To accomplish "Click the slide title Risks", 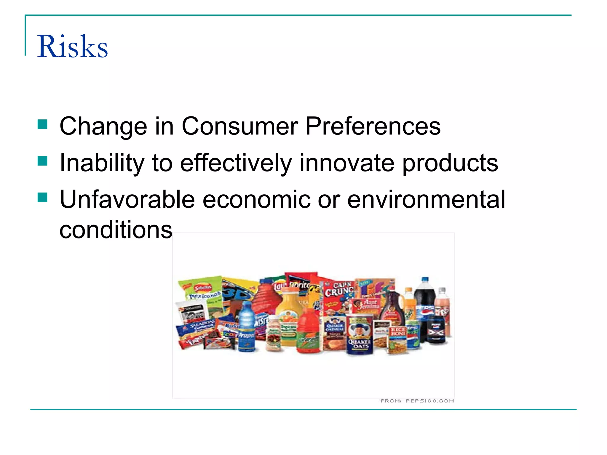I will pos(72,47).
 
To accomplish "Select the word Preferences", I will pos(373,126).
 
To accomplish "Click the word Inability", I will pos(102,163).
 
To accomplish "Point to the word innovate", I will pos(346,163).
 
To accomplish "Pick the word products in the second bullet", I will pos(450,164).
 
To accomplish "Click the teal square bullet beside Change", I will pos(43,124).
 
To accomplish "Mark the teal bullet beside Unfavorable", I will pos(43,197).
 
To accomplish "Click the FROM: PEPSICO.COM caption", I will pos(417,401).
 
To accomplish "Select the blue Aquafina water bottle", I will pos(247,326).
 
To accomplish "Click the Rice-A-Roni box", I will pos(398,339).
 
